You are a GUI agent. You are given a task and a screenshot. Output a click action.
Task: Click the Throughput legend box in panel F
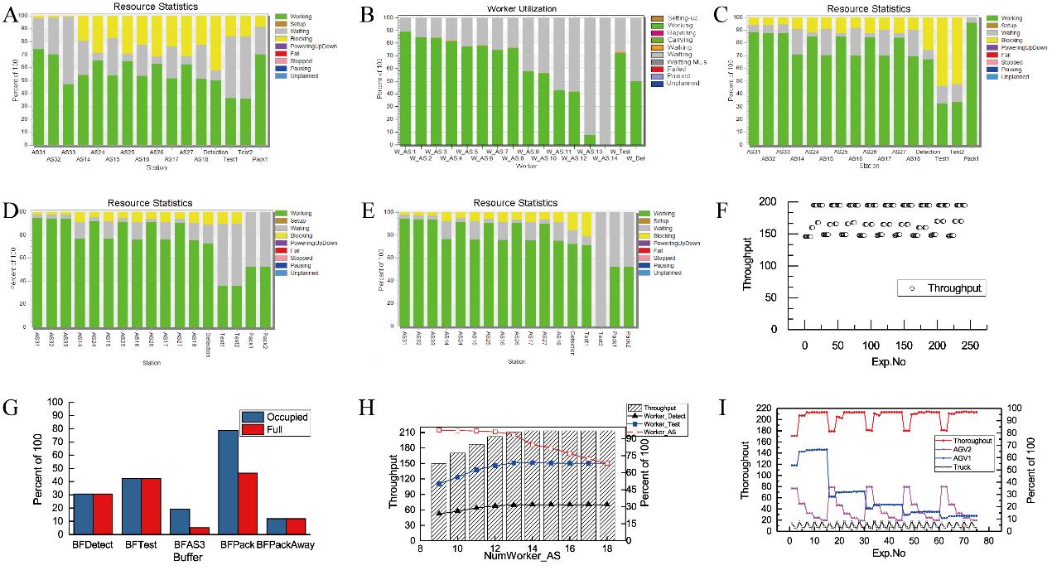(x=941, y=288)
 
